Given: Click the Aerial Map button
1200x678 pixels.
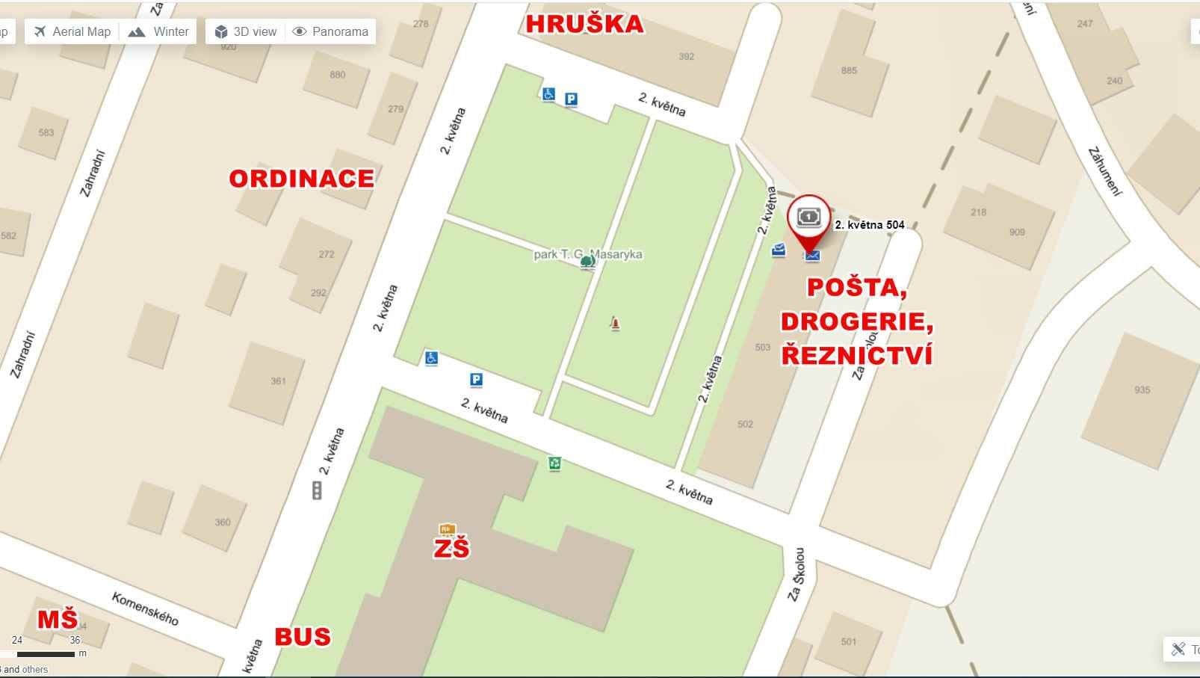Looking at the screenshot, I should point(72,31).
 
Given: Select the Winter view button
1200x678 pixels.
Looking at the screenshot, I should point(158,31).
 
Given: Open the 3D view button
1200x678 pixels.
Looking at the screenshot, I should point(246,31).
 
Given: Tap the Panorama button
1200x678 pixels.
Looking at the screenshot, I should point(330,31).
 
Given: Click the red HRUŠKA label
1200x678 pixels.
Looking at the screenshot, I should point(584,24).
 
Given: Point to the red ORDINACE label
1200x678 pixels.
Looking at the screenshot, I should point(301,179).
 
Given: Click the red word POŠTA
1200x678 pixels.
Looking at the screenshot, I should point(857,288).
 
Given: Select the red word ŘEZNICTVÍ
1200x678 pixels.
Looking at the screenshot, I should point(857,354).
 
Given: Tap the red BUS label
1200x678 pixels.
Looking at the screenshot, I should point(303,637).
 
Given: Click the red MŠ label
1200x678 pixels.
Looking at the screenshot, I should point(58,620).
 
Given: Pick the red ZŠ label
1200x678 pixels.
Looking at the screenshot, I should point(451,549).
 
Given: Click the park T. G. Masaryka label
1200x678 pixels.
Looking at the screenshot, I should point(587,255).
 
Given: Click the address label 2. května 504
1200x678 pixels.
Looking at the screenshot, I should point(869,224).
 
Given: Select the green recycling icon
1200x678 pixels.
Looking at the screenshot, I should point(554,463).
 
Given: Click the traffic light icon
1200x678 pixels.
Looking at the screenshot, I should point(317,490).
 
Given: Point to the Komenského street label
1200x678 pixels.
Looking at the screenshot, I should point(145,608).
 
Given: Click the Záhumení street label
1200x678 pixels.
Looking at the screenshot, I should point(1105,172).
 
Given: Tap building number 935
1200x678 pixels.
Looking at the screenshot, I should point(1142,389).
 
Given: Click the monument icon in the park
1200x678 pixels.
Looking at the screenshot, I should point(615,324).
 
